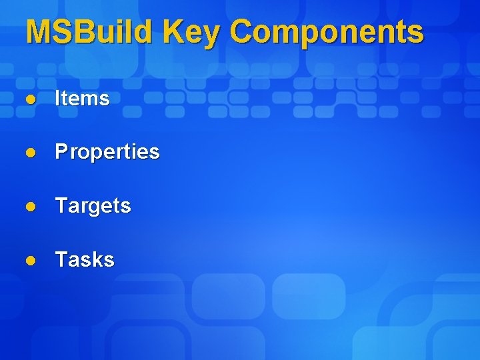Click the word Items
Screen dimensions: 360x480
click(x=82, y=99)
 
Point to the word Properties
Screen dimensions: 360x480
click(x=107, y=152)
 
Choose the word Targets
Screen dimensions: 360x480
click(x=93, y=205)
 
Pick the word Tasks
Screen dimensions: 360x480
click(x=85, y=259)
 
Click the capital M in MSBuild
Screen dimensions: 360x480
click(x=39, y=31)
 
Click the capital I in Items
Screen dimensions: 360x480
click(x=58, y=99)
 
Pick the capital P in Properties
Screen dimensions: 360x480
click(x=61, y=152)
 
